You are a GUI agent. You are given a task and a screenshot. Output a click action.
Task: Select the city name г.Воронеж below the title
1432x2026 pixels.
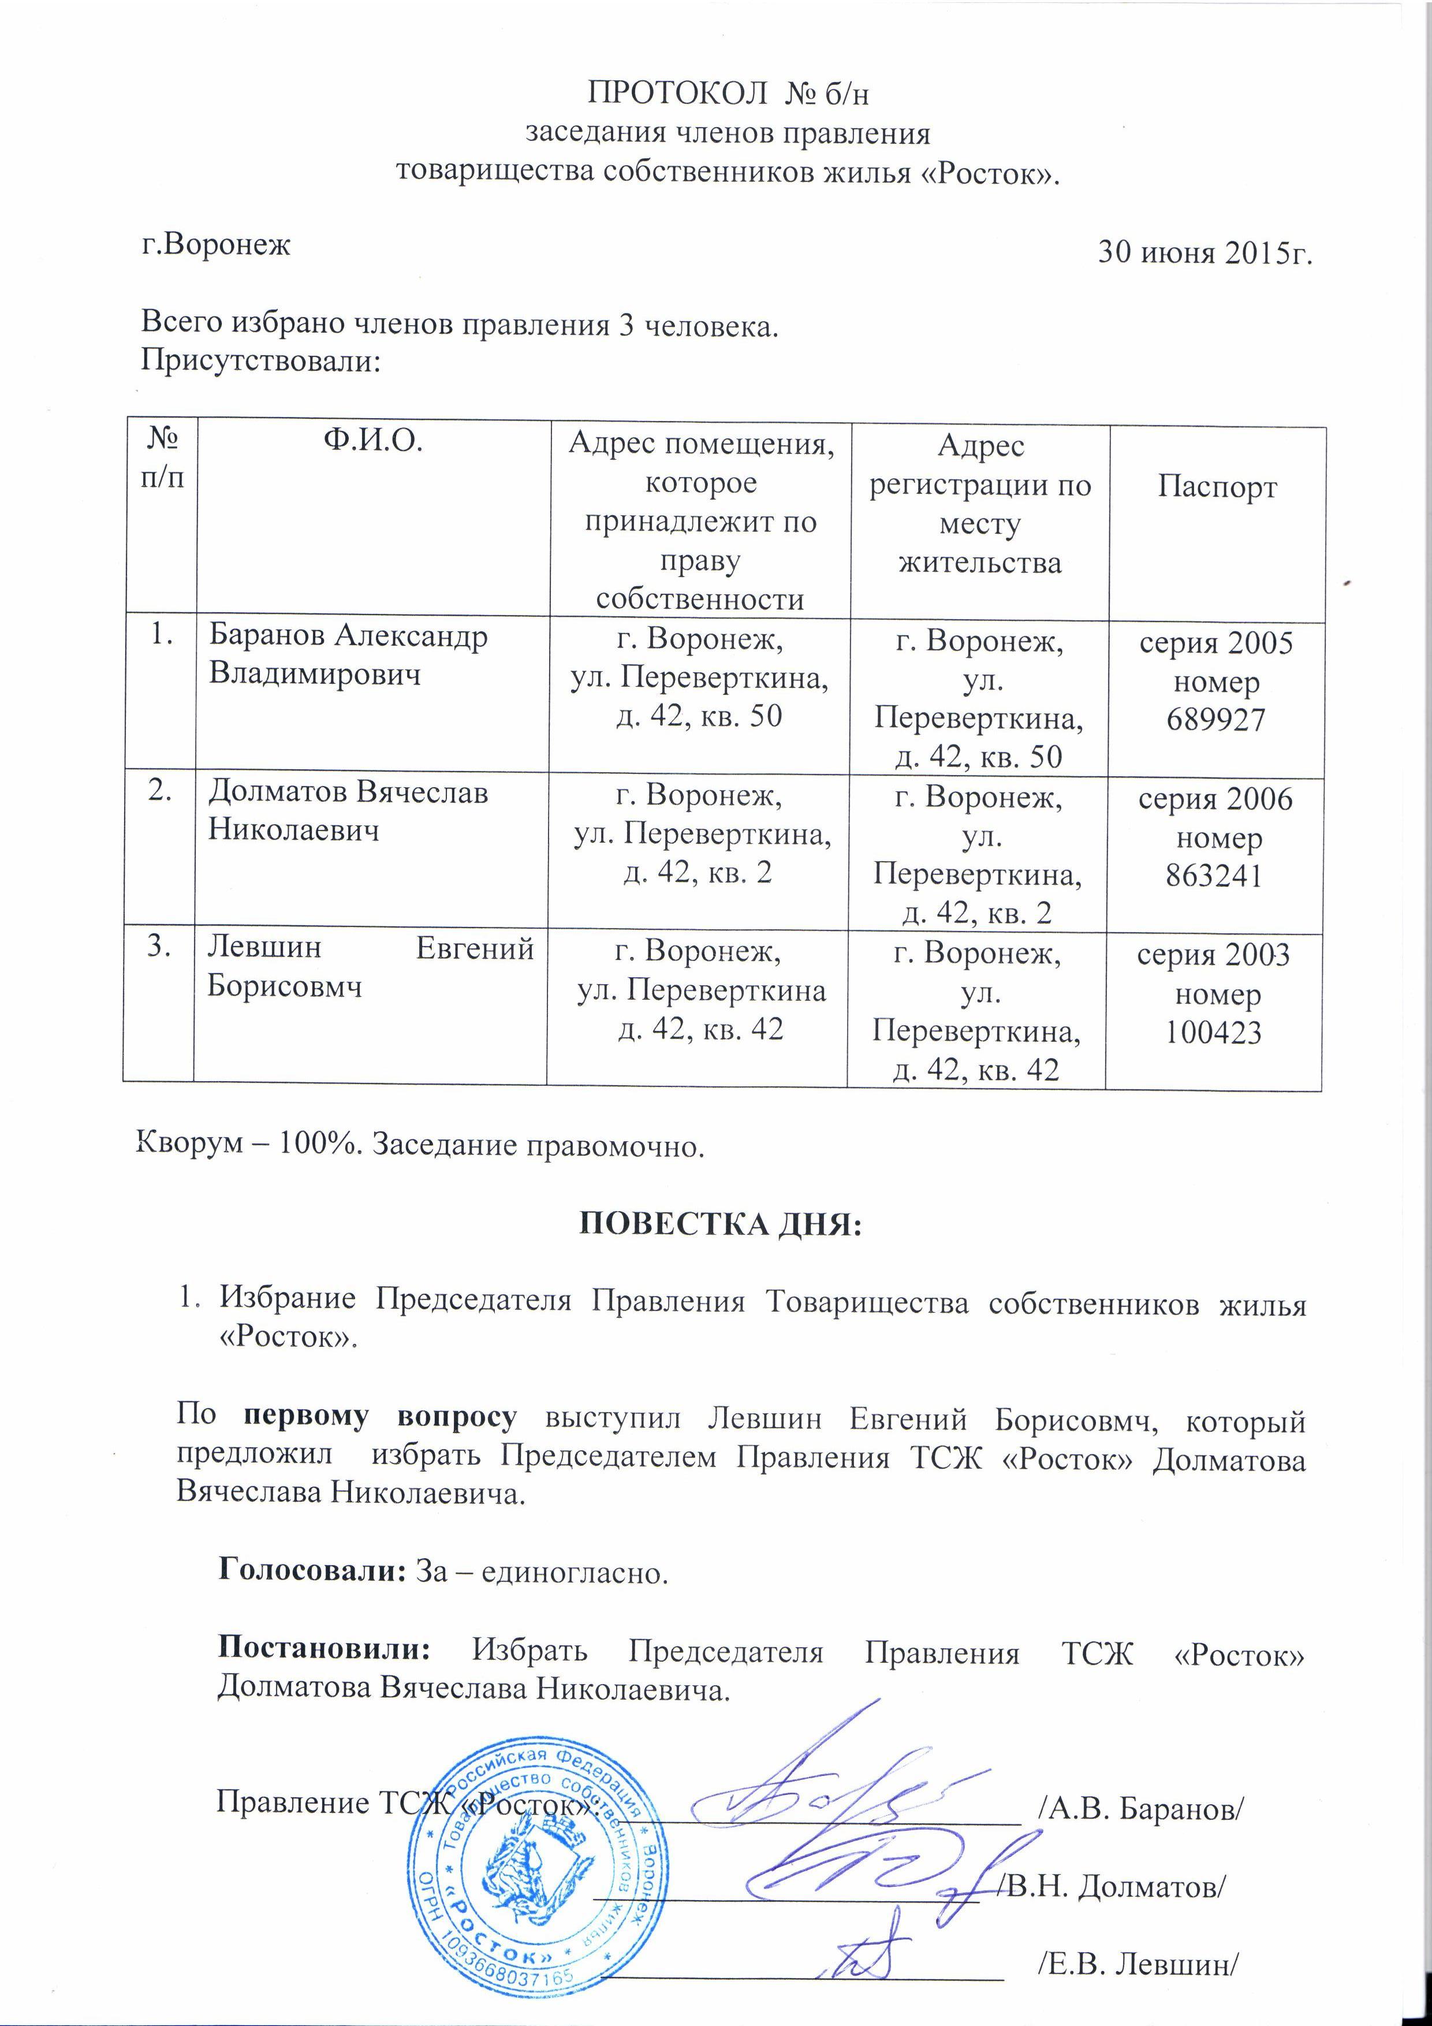[x=216, y=244]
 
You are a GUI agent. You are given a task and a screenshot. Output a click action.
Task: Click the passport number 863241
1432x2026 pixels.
[x=1216, y=876]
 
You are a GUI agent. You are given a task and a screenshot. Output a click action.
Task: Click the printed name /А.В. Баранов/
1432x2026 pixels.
[x=1142, y=1808]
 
